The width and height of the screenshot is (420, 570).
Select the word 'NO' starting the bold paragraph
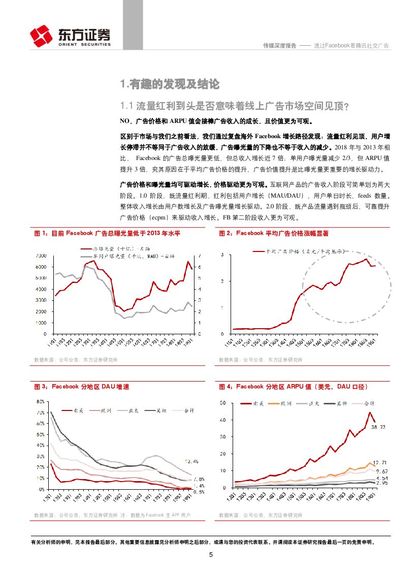[124, 121]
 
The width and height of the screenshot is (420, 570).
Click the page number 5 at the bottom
[210, 554]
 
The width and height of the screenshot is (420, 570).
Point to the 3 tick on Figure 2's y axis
[223, 255]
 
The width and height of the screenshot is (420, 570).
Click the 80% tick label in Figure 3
[41, 402]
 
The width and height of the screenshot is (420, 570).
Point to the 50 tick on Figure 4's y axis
[222, 403]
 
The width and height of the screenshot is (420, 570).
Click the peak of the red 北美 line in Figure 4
[370, 412]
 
